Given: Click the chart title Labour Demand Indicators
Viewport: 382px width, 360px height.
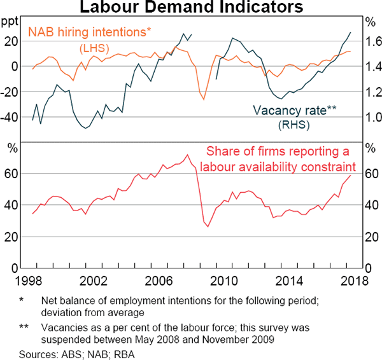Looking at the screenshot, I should click(191, 8).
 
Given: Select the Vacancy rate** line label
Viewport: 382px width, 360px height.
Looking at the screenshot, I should click(294, 110).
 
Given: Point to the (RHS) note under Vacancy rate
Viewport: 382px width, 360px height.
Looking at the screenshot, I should click(294, 125).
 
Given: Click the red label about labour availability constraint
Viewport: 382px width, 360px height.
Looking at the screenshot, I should click(278, 160).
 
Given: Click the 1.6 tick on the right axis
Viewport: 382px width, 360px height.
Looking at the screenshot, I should click(373, 41).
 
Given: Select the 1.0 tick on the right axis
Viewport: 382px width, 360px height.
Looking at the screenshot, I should click(373, 118).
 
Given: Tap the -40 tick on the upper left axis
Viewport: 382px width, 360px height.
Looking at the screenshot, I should click(9, 118).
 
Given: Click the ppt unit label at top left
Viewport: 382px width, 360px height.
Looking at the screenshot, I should click(10, 21).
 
